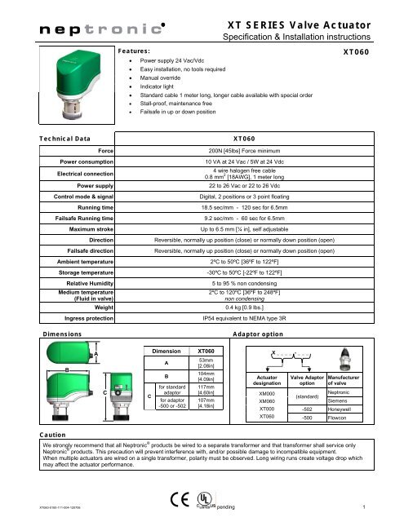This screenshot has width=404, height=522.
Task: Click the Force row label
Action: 104,151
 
